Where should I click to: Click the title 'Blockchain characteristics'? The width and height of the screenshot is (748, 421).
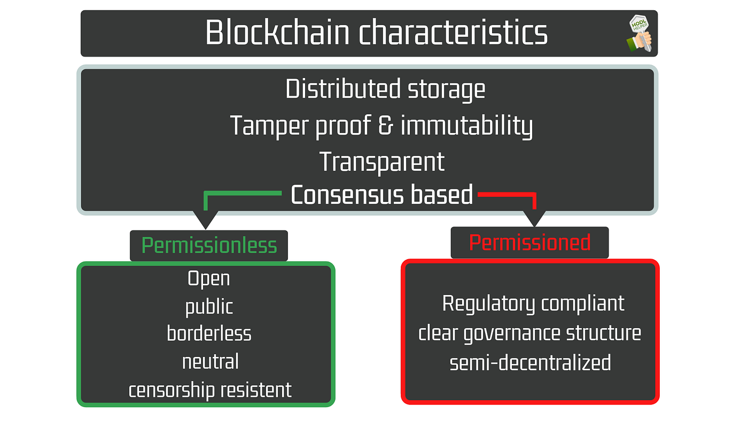[x=376, y=33]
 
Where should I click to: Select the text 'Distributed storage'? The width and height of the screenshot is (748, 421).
[x=385, y=89]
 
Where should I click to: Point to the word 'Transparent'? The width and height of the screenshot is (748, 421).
[x=381, y=161]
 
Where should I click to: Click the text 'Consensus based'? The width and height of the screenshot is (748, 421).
[x=381, y=195]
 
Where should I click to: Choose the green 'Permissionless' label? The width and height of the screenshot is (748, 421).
[x=209, y=246]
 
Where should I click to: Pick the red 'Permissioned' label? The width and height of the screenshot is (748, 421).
[x=529, y=243]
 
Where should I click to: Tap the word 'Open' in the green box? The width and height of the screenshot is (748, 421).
[x=209, y=278]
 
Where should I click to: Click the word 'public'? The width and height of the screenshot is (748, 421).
[x=209, y=307]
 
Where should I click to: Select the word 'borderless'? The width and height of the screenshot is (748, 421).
[x=209, y=334]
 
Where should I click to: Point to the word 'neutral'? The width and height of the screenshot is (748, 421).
[x=210, y=362]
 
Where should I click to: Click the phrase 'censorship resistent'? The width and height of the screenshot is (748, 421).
[x=210, y=390]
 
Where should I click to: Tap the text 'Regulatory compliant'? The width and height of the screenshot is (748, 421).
[x=533, y=303]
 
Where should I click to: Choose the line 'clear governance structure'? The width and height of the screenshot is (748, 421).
[x=529, y=333]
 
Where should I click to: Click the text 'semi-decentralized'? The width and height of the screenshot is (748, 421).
[x=530, y=363]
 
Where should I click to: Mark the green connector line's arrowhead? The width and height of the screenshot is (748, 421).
[x=205, y=219]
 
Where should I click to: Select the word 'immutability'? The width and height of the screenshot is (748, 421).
[x=466, y=126]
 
